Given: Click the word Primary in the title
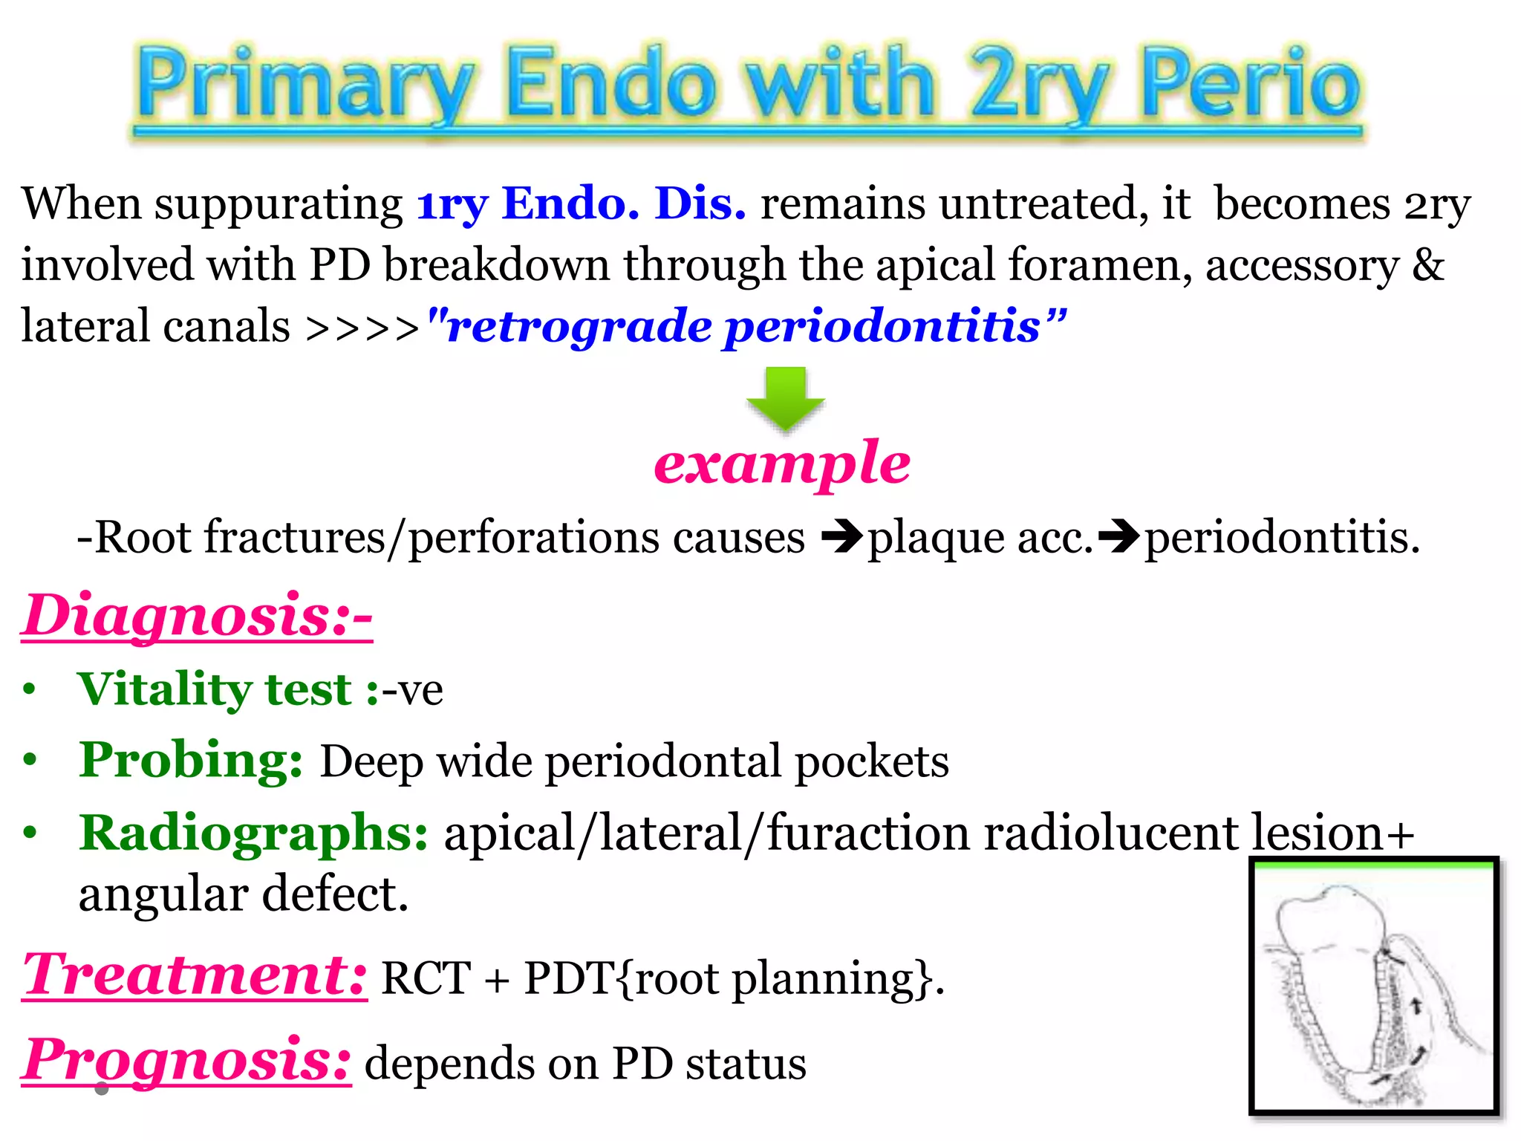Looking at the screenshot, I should (304, 83).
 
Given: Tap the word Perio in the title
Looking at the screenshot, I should (1251, 83).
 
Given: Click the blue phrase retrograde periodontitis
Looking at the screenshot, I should (746, 327).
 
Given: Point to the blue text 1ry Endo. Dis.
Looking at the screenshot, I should (581, 204).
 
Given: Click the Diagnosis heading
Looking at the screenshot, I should (197, 615).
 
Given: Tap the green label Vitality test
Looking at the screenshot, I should (227, 689).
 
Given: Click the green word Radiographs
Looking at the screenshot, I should (253, 833).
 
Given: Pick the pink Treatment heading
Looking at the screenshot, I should (195, 975).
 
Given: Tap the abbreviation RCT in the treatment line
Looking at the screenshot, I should (426, 978).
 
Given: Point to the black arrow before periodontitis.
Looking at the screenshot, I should (1118, 537).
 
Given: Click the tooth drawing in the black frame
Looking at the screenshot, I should (1374, 988).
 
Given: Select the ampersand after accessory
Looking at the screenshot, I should (1427, 264).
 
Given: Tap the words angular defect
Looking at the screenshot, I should (244, 894).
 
